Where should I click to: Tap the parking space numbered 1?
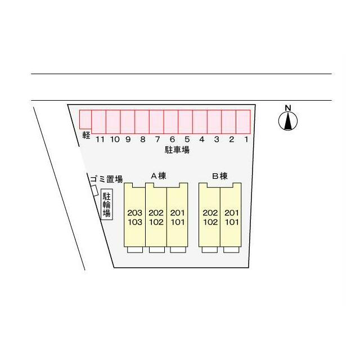coord(243,121)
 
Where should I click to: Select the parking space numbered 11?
coord(99,121)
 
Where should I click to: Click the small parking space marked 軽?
coord(85,119)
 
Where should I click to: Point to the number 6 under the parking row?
coord(172,139)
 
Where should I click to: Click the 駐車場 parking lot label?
coord(177,150)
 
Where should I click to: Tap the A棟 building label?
coord(159,176)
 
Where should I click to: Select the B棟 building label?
coord(220,176)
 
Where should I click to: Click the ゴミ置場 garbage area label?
coord(106,179)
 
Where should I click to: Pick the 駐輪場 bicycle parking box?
coord(107,205)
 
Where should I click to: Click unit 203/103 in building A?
coord(134,215)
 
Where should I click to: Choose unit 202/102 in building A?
coord(156,215)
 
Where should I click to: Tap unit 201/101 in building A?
coord(177,215)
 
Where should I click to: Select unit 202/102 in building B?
coord(209,215)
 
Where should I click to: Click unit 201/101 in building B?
coord(231,215)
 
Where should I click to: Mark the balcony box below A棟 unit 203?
coord(135,250)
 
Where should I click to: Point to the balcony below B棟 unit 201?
coord(231,250)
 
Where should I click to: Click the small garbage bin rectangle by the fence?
coord(94,191)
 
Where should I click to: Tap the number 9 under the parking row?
coord(128,139)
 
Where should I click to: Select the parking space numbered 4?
coord(200,121)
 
